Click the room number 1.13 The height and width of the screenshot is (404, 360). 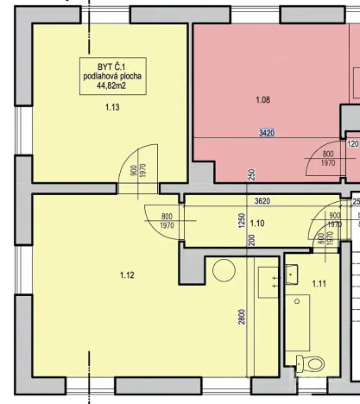pos(112,108)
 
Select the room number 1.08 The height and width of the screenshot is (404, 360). pos(263,100)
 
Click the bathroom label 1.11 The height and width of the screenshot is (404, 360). pos(319,283)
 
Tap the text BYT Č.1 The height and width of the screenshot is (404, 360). pos(112,66)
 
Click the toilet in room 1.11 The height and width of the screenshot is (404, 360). pos(301,363)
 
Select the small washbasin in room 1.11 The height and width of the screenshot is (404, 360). pos(292,275)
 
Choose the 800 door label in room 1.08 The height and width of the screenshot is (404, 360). pos(328,153)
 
